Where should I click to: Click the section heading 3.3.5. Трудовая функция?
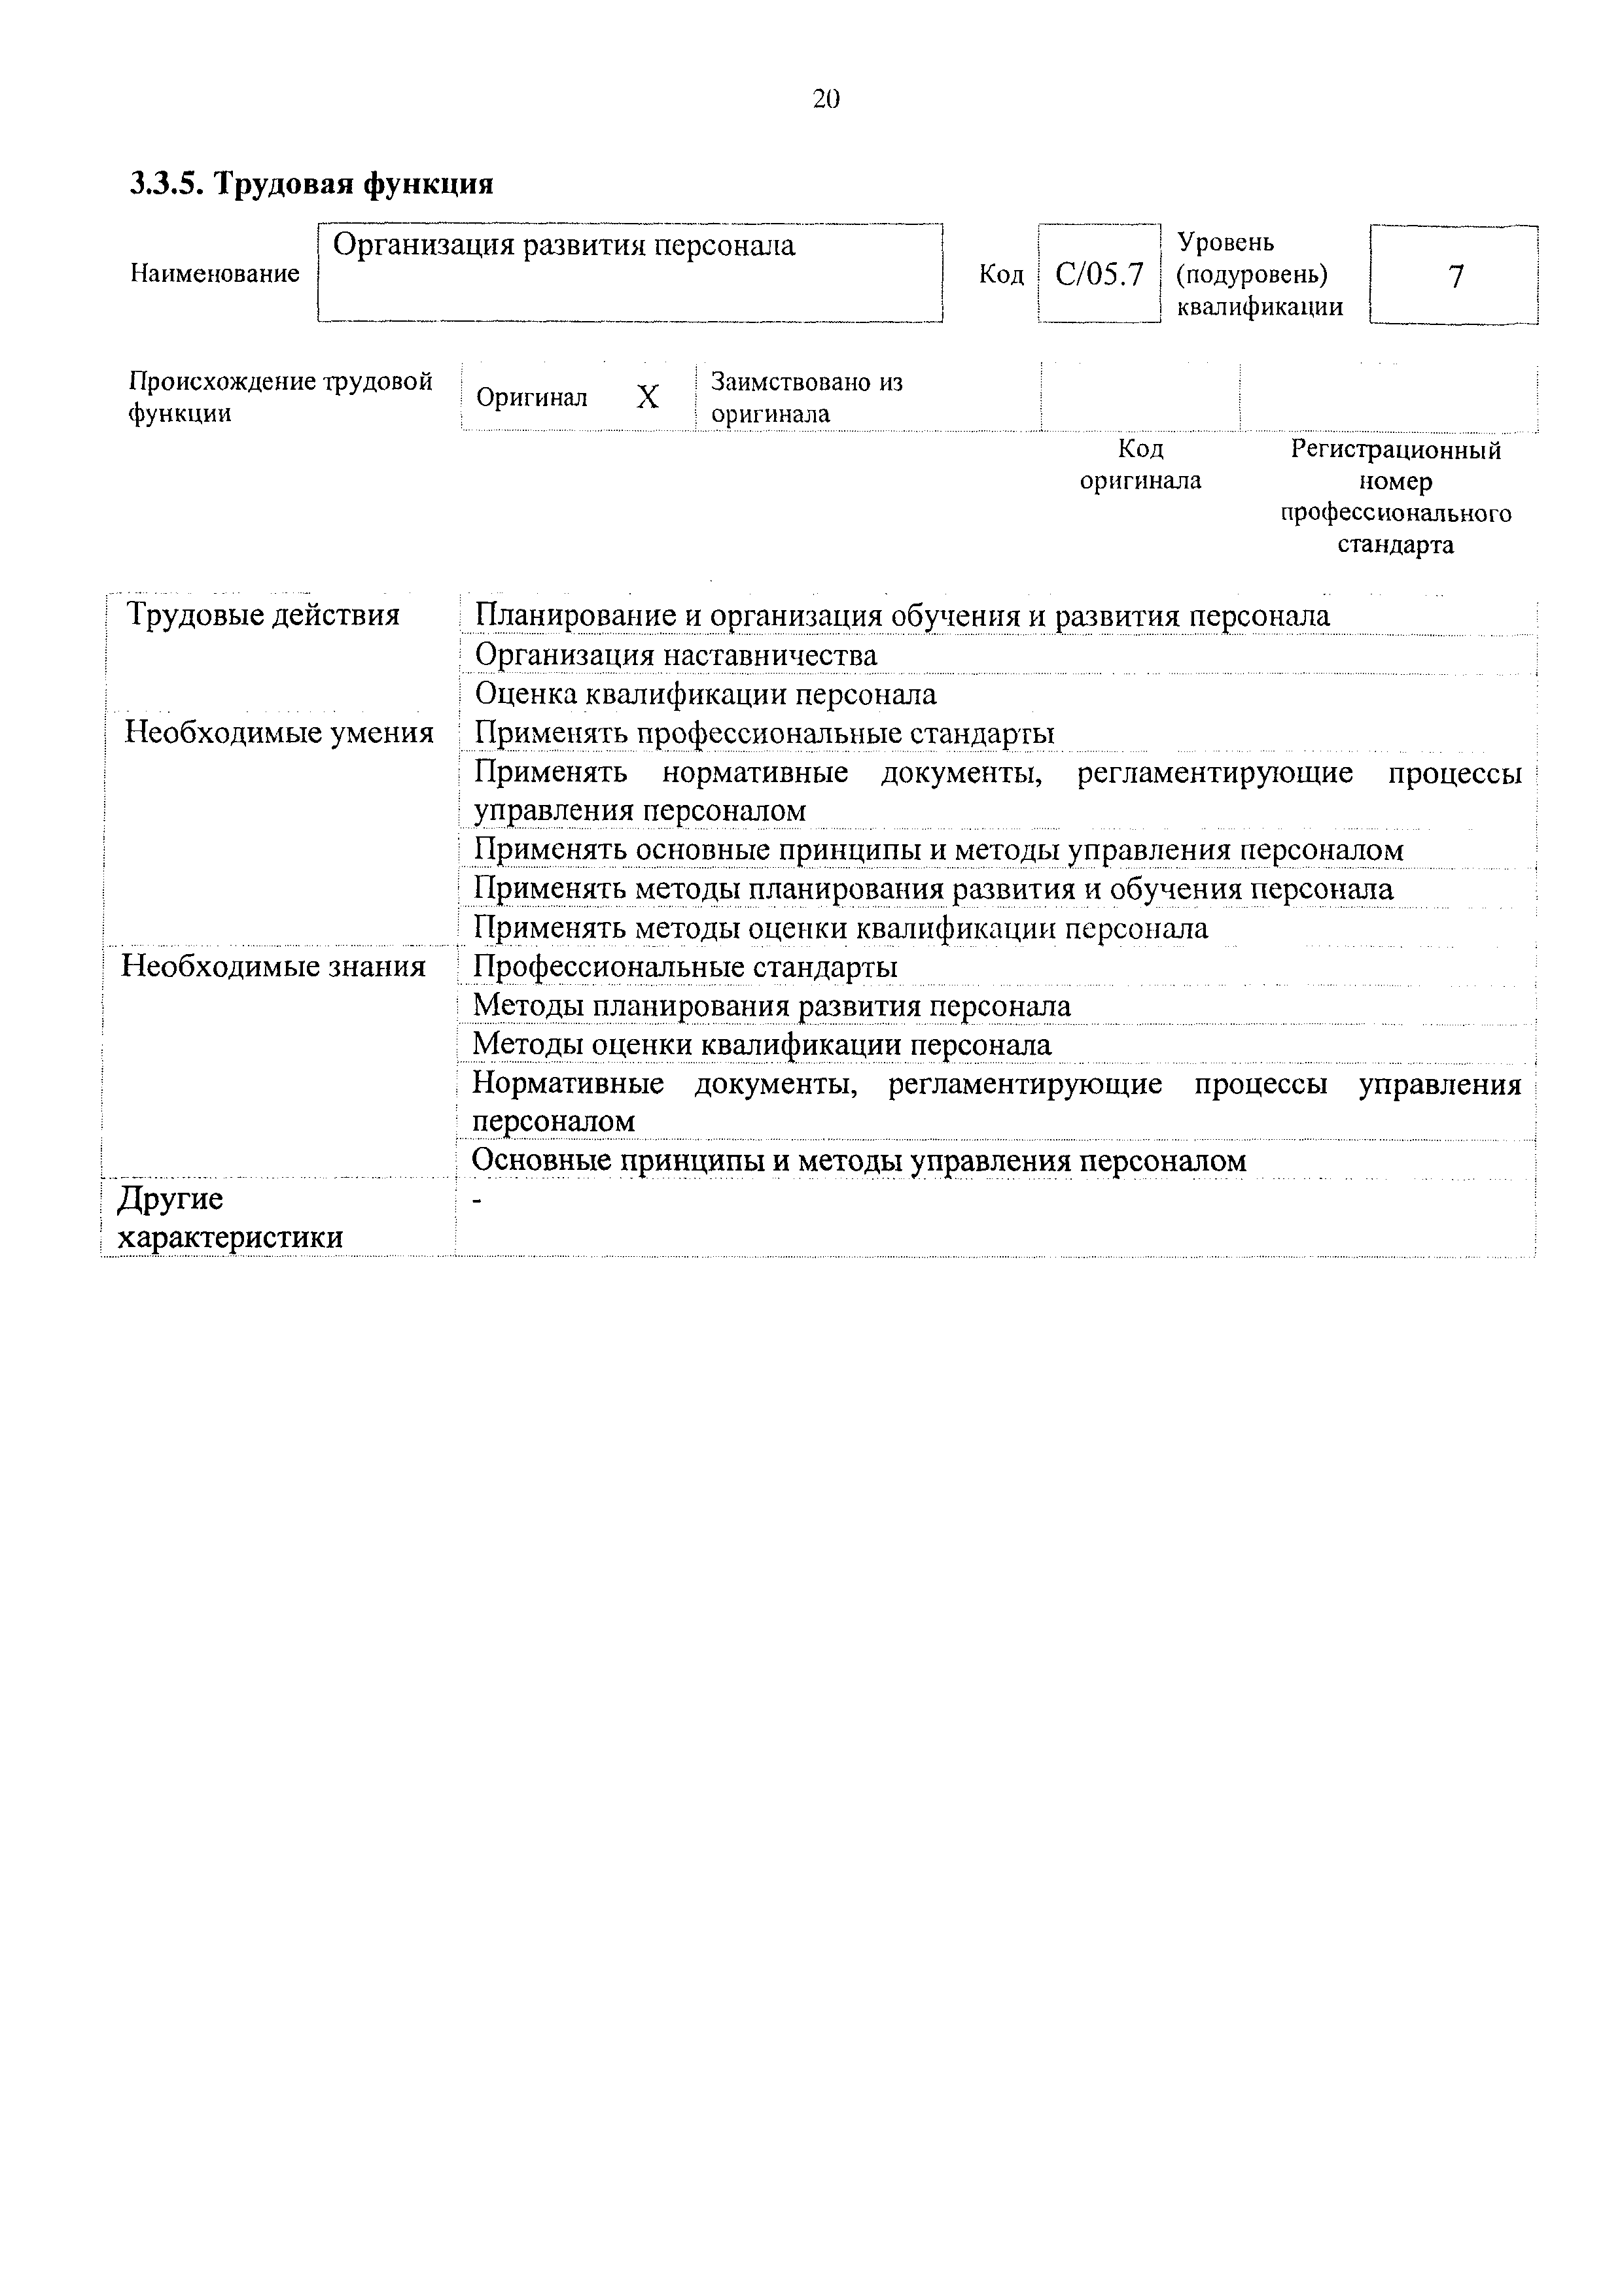(x=312, y=184)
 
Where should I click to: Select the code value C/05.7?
(x=1099, y=275)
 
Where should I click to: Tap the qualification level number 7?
(x=1455, y=276)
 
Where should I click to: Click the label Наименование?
(x=215, y=274)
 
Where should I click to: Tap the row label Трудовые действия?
(x=263, y=615)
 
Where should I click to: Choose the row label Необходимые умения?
(x=279, y=733)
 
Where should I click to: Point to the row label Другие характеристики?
(x=230, y=1218)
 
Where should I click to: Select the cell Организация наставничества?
(x=676, y=655)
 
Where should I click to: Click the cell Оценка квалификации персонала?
(x=705, y=694)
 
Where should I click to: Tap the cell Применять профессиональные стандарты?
(x=764, y=733)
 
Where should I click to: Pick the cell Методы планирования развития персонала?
(x=771, y=1006)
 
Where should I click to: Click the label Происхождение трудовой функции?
(x=280, y=398)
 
